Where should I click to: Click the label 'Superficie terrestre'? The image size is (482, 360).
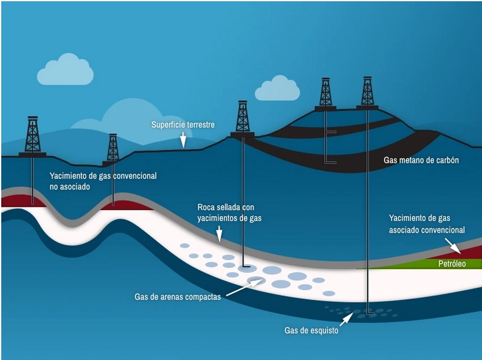click(x=183, y=125)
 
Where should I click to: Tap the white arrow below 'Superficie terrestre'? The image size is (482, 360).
click(x=183, y=141)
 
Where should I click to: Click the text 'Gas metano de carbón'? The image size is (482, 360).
click(x=421, y=161)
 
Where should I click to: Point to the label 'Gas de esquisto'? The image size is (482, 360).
click(x=311, y=330)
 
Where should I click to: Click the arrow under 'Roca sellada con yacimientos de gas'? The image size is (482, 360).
click(x=218, y=233)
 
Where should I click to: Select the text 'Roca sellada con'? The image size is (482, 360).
click(x=225, y=207)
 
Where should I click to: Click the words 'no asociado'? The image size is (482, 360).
click(x=71, y=186)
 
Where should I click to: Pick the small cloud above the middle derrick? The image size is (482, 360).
click(x=277, y=89)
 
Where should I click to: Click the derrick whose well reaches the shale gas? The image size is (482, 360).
click(x=367, y=93)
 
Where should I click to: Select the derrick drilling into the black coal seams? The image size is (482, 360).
click(x=325, y=94)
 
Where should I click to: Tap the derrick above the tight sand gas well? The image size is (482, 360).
click(x=243, y=118)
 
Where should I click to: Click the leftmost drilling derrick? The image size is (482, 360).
click(x=32, y=136)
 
